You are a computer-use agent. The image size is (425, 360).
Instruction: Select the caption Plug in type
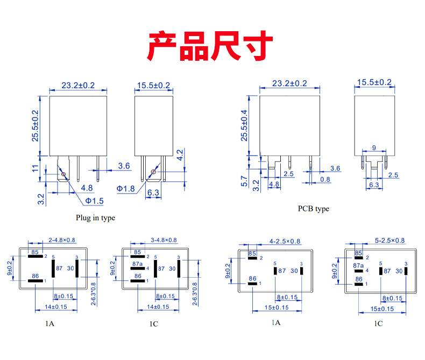95,218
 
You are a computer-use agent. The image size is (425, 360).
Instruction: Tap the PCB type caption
313,208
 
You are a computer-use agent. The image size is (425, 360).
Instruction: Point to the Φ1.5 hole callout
94,200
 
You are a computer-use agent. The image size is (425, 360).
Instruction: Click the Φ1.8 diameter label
126,188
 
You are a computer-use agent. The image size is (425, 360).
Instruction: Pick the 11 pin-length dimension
36,169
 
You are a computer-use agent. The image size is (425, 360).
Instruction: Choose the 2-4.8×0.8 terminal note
62,240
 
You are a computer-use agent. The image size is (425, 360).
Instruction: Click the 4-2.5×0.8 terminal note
285,241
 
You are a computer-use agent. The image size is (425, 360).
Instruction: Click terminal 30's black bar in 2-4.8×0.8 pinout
77,268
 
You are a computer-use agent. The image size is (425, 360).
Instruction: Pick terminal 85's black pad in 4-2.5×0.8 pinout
252,258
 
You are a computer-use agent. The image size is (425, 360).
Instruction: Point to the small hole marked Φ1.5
65,173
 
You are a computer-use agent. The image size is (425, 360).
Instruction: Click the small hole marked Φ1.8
153,172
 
